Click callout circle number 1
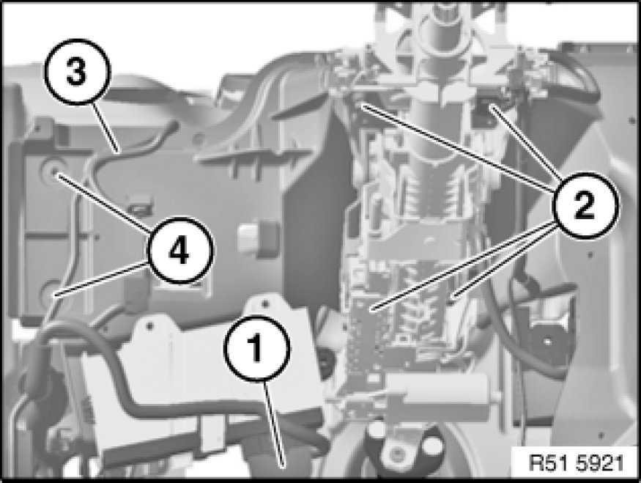coord(257,348)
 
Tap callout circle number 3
coord(77,72)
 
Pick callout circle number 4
coord(180,250)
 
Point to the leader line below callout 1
coord(275,423)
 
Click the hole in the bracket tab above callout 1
coord(266,303)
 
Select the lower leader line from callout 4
coord(101,279)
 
